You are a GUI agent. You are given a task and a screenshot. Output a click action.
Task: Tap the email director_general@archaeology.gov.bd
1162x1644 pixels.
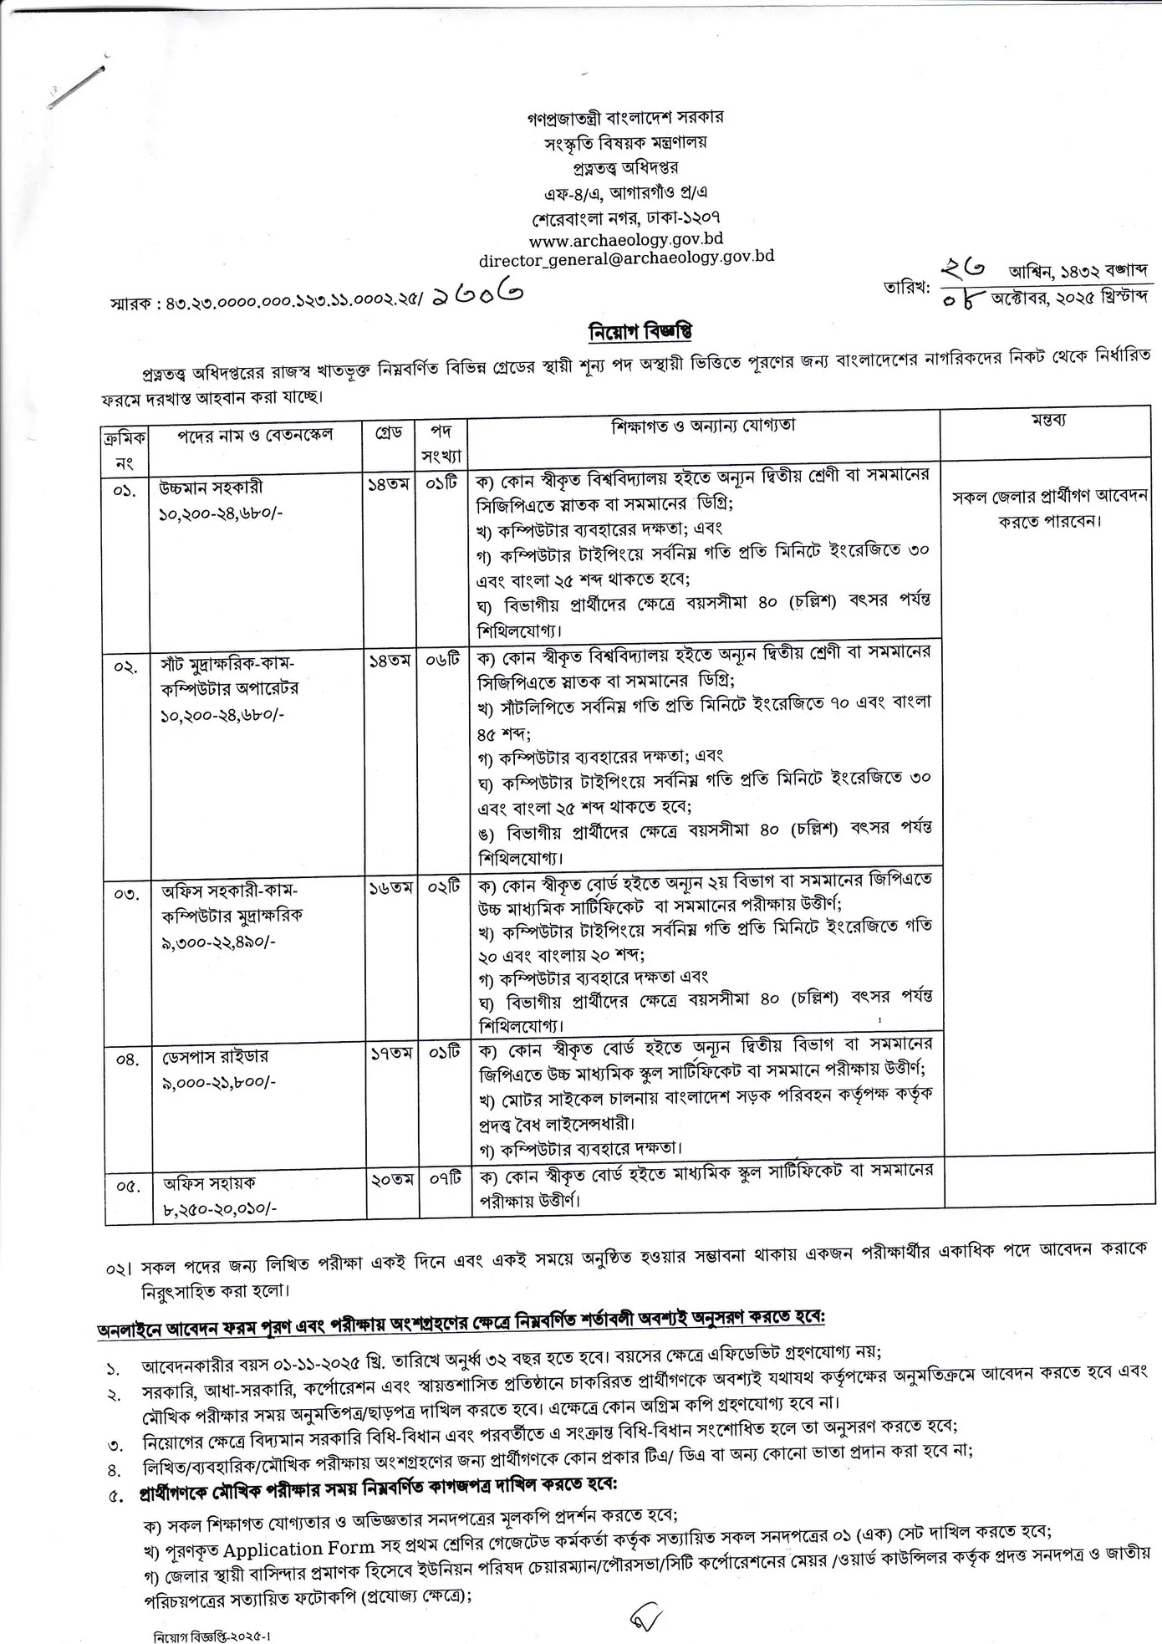pyautogui.click(x=626, y=258)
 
